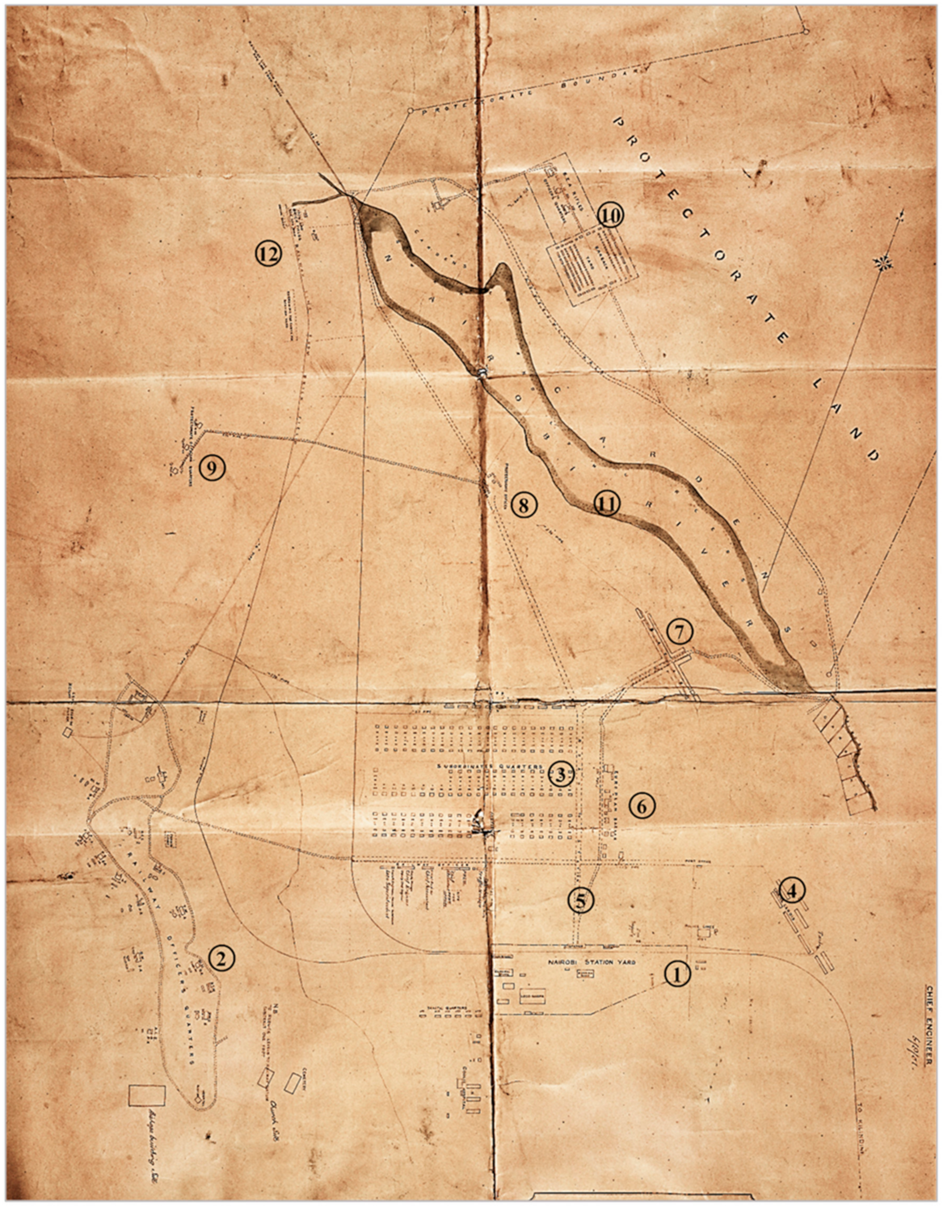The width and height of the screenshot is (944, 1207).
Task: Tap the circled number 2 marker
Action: [222, 959]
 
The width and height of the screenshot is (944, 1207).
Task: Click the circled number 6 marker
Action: [641, 806]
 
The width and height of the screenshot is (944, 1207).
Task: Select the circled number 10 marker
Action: [610, 216]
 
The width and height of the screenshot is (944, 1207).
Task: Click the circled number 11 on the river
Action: [607, 503]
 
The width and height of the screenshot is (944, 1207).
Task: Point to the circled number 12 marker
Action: [268, 254]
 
